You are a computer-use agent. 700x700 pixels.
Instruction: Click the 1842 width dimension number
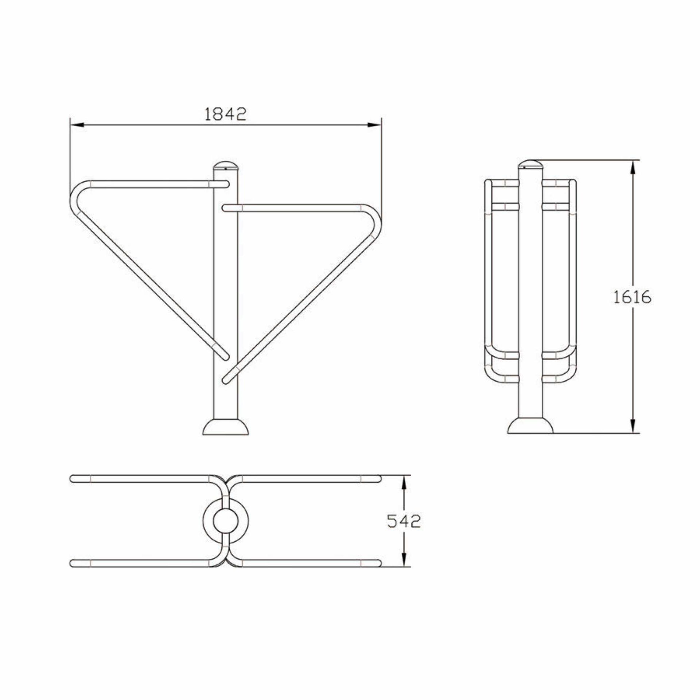(225, 114)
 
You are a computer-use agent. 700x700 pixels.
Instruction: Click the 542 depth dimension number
(404, 521)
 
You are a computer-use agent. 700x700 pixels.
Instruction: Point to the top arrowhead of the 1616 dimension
(633, 167)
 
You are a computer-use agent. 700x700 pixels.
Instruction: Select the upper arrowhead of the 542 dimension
(404, 482)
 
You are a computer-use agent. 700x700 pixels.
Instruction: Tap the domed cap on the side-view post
(530, 164)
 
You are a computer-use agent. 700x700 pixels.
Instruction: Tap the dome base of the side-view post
(530, 426)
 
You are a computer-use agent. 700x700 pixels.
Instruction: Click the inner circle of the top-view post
(225, 522)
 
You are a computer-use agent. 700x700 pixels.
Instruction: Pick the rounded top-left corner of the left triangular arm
(77, 193)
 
